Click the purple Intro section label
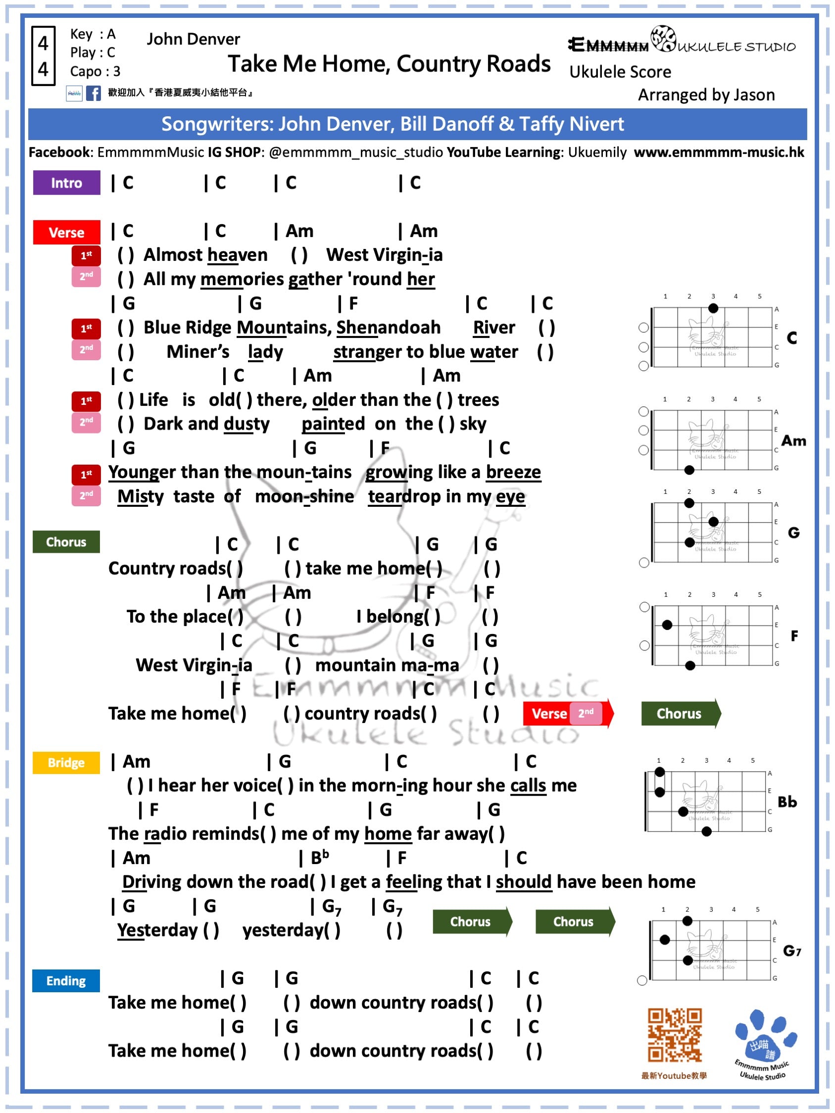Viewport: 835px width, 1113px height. coord(66,183)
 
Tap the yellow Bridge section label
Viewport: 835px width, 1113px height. coord(66,762)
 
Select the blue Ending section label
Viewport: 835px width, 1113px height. coord(66,980)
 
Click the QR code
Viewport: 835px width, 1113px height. coord(674,1034)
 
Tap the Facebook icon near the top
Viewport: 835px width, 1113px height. coord(93,93)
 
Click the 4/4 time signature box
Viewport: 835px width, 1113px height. coord(43,56)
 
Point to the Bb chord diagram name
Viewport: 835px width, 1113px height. coord(787,802)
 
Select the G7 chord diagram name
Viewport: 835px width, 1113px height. coord(792,951)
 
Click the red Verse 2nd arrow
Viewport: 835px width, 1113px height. coord(568,713)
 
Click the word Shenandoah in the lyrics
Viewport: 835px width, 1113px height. coord(388,328)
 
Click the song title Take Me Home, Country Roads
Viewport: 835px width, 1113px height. coord(389,64)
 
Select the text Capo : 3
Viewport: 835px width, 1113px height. coord(95,71)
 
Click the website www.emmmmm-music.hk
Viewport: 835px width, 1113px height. coord(719,152)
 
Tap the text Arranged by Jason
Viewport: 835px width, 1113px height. coord(706,95)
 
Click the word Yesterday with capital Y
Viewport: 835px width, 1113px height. coord(157,930)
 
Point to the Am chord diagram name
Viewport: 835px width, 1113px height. coord(793,441)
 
